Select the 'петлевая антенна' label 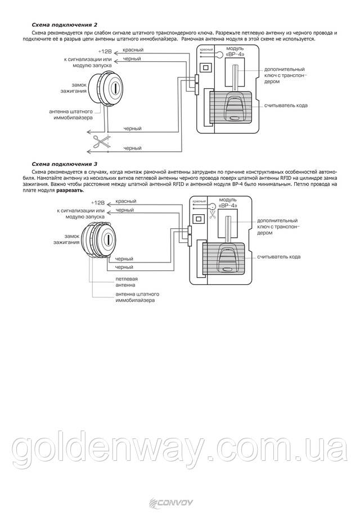pos(127,281)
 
